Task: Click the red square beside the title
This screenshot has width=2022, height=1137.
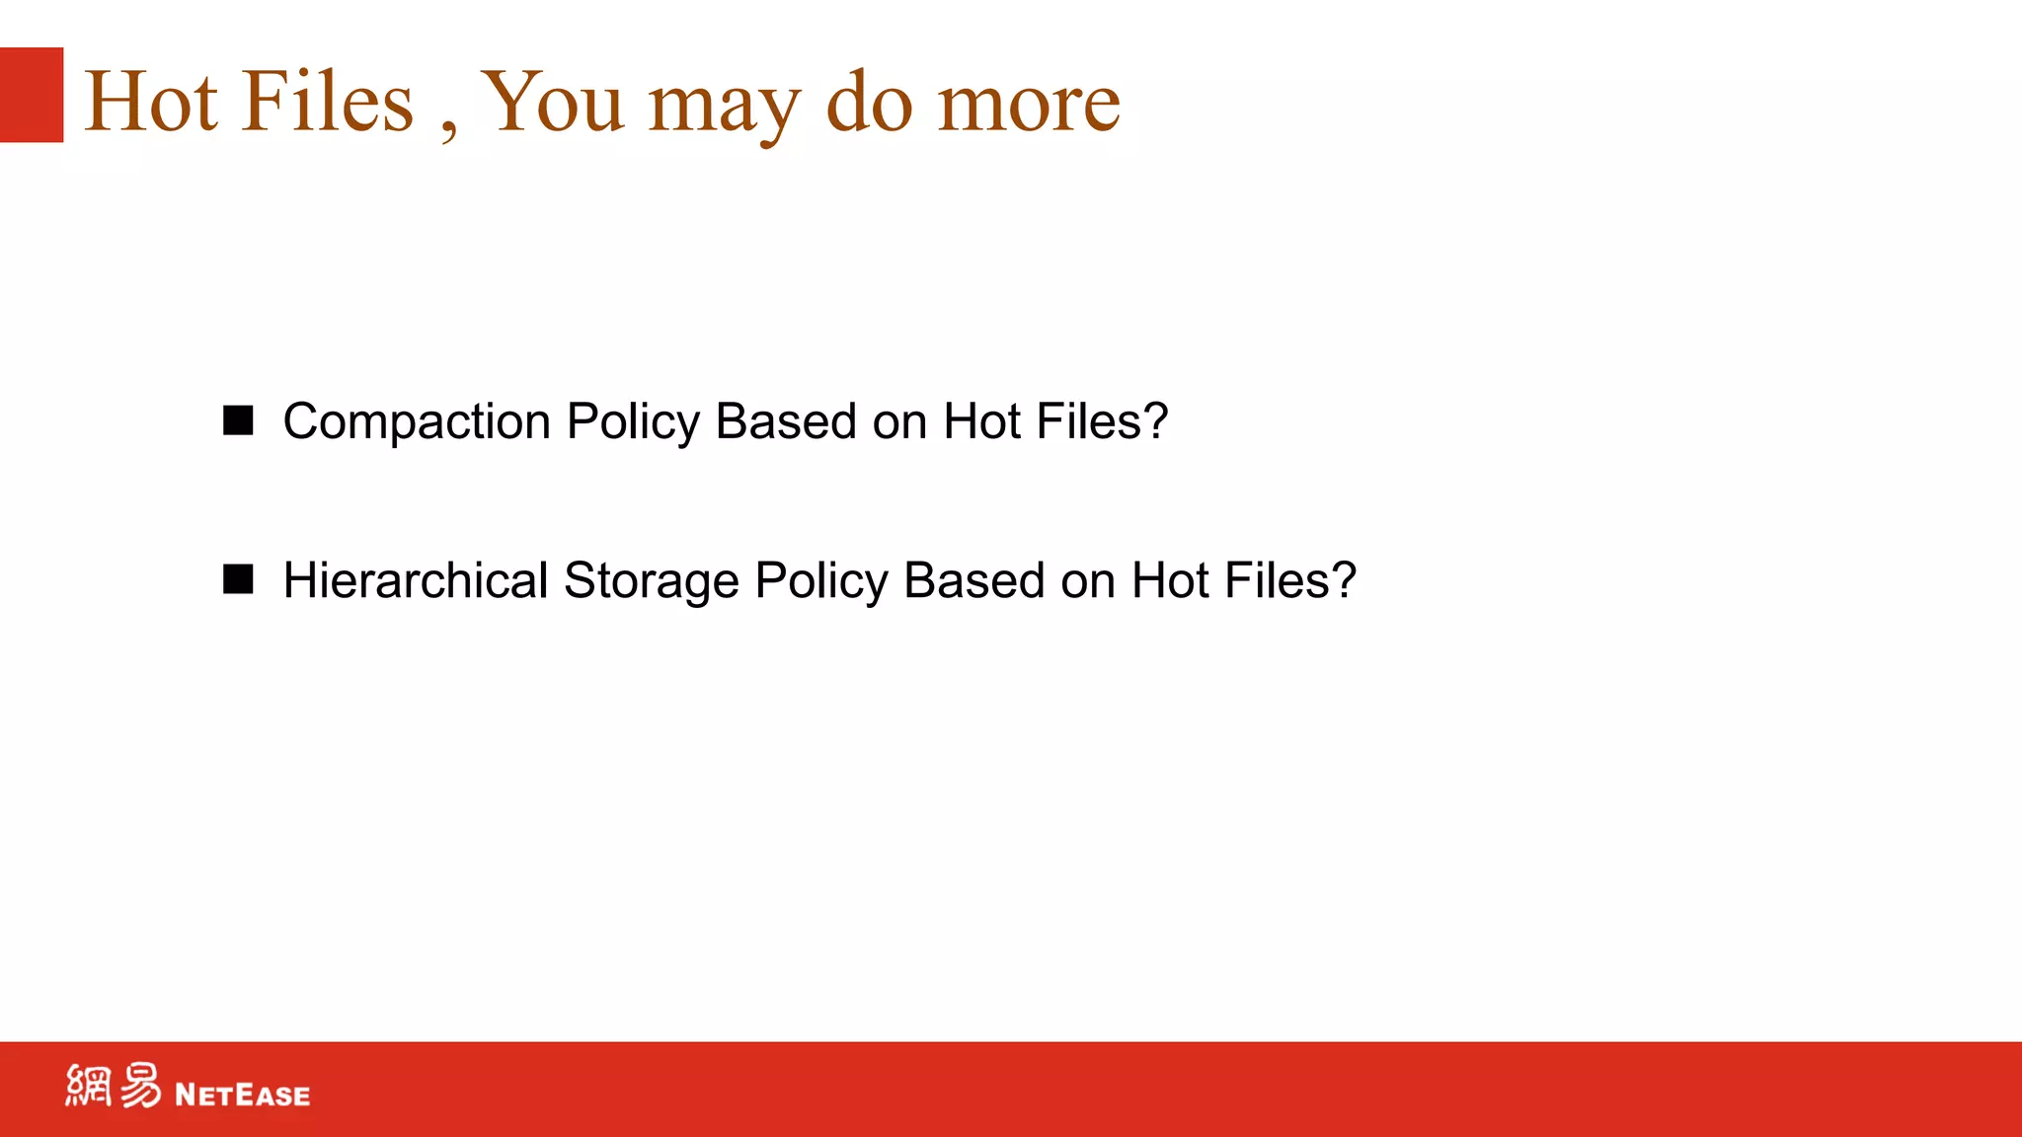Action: [32, 95]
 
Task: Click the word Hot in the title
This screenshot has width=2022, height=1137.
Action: [151, 102]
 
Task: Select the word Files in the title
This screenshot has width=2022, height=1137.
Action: [328, 102]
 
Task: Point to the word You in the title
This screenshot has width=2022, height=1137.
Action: [553, 102]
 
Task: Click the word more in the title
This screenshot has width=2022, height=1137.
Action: [1029, 104]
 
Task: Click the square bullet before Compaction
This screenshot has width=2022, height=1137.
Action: [238, 420]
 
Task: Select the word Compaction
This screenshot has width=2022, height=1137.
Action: [417, 422]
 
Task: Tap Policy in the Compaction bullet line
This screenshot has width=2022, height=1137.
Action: [633, 422]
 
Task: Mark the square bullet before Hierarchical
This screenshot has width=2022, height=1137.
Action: [238, 579]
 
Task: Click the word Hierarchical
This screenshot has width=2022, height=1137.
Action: [416, 580]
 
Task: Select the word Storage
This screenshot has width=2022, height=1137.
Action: [651, 580]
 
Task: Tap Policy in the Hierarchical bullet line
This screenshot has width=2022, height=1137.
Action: [821, 581]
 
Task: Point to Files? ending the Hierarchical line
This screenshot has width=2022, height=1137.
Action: [1290, 580]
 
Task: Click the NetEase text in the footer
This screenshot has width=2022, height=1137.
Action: [242, 1095]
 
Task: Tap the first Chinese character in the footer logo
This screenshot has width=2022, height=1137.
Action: [89, 1086]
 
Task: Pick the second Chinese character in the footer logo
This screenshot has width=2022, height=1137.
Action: [140, 1086]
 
